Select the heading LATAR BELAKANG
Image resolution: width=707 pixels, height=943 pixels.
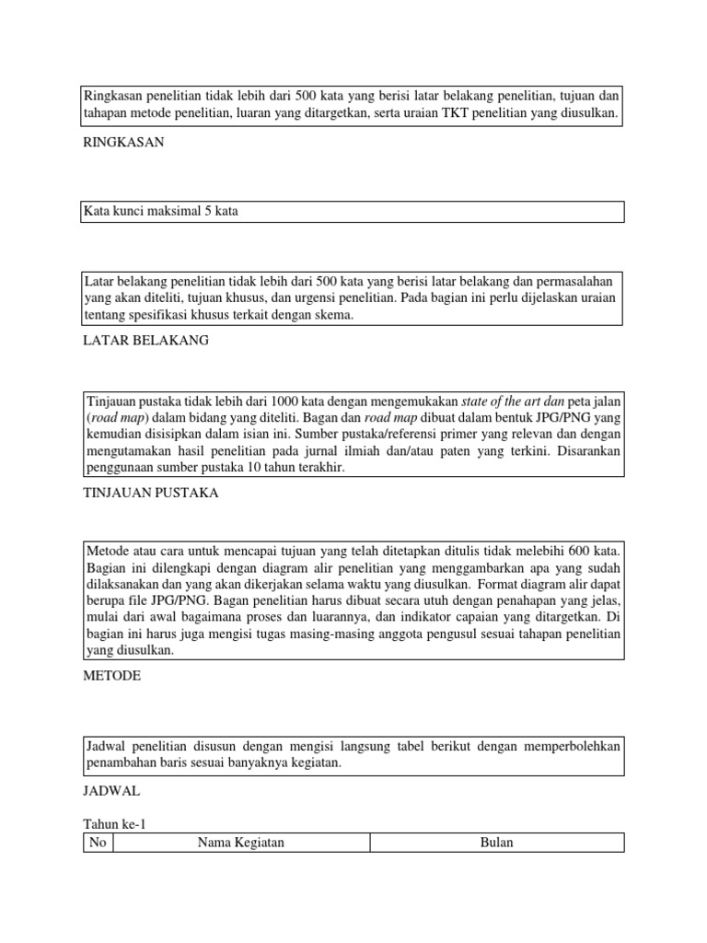tap(146, 340)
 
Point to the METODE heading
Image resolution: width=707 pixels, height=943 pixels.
tap(111, 675)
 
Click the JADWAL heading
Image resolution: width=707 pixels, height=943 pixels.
tap(112, 790)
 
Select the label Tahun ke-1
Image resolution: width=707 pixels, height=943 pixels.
tap(114, 824)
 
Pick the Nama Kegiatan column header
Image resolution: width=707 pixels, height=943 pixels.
tap(241, 843)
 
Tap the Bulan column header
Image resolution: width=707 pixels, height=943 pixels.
tap(497, 843)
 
